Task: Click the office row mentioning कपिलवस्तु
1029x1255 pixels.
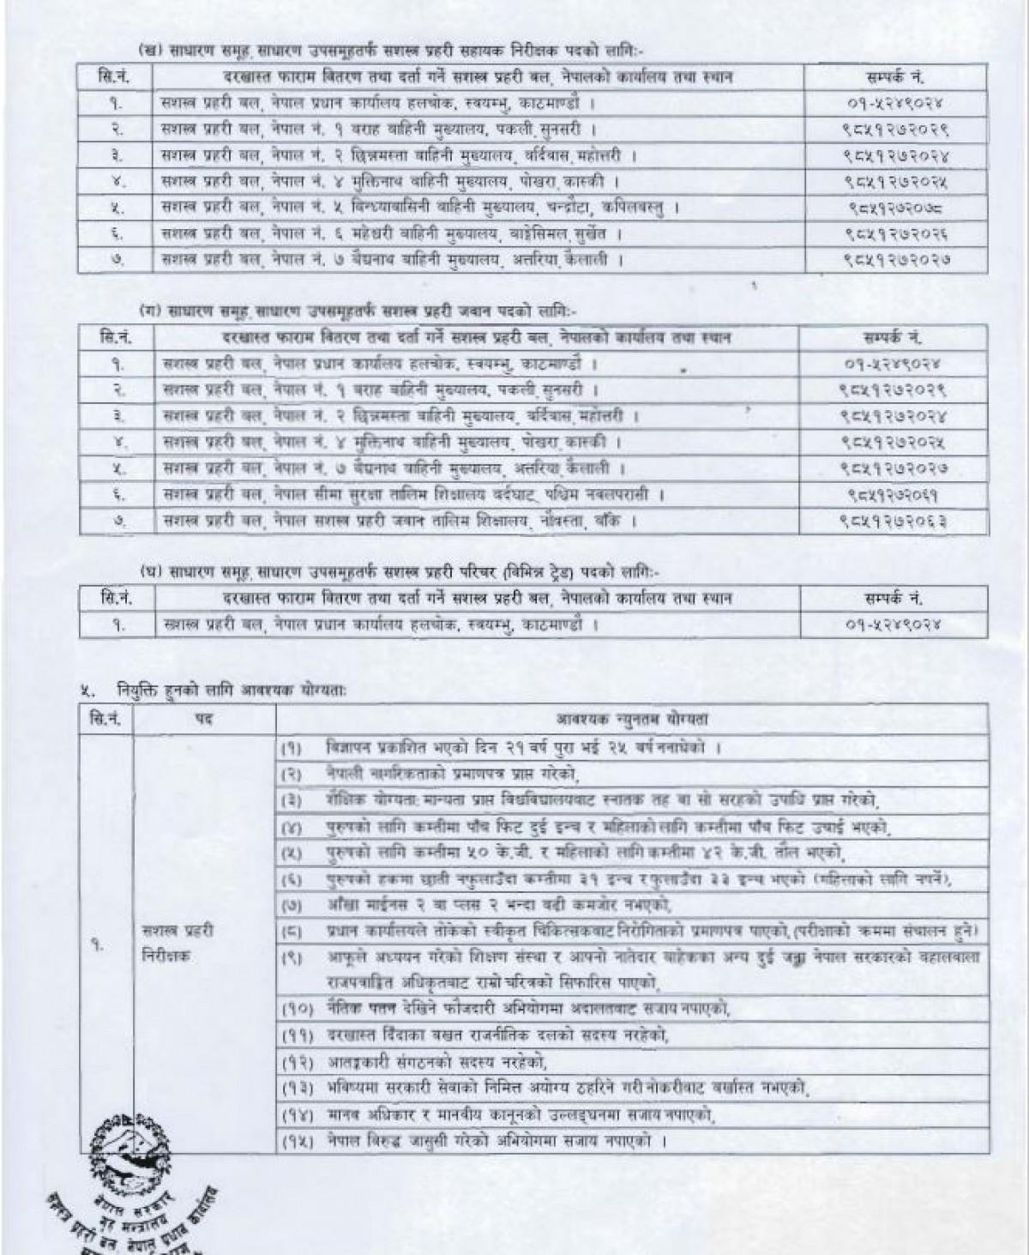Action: pyautogui.click(x=420, y=208)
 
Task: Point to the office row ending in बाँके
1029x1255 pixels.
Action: pyautogui.click(x=398, y=521)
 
